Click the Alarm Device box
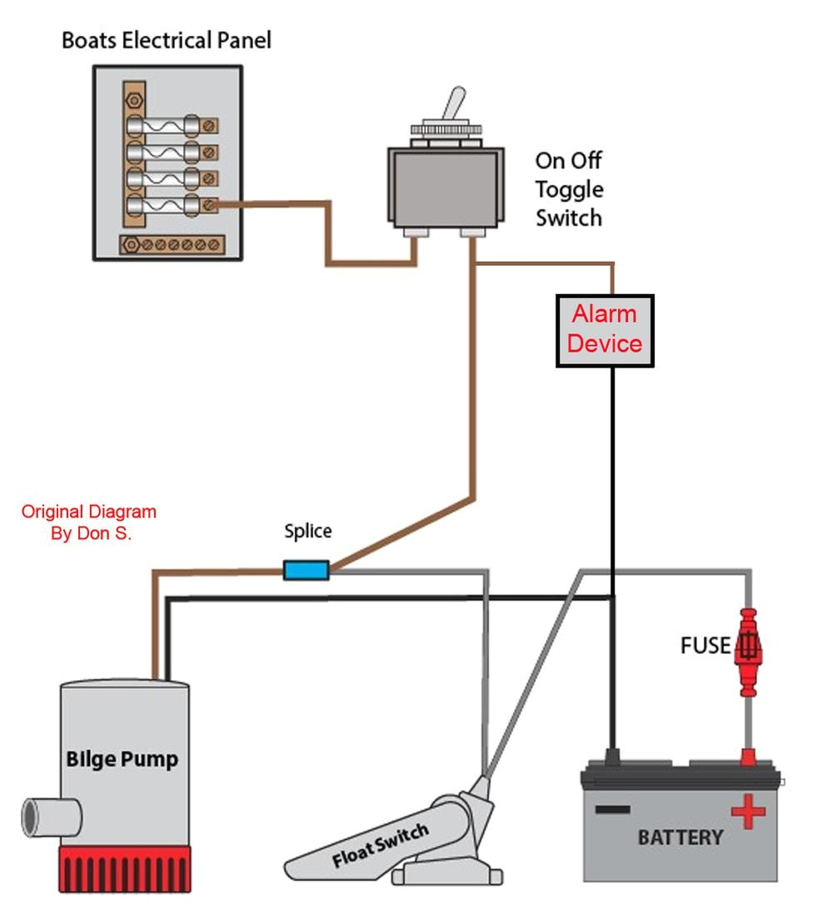pos(605,330)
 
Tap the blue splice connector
pos(306,570)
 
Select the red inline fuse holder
pos(748,652)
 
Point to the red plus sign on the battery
pos(748,811)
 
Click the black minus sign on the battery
pos(612,809)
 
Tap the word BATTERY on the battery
pos(680,837)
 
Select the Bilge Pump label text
pos(122,759)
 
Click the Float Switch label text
pos(381,844)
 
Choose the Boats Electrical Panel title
pos(167,40)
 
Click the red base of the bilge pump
pos(124,868)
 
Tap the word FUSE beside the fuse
pos(705,646)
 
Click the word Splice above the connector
pos(307,531)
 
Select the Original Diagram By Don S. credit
pos(89,522)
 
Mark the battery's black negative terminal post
pos(614,757)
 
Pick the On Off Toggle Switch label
pos(569,189)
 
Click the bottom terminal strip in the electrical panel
pos(173,244)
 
